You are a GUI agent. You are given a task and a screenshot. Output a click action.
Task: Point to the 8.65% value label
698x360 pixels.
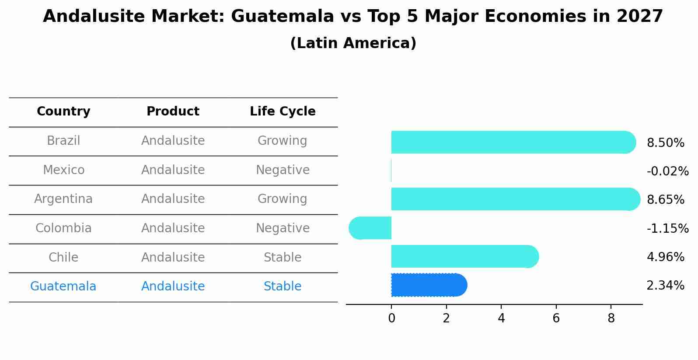coord(665,200)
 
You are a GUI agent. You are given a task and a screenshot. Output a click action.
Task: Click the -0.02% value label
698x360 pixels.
coord(667,171)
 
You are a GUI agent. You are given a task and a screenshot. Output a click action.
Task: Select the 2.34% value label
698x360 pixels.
coord(665,286)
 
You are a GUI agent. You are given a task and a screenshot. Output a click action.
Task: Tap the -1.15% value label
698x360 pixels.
coord(667,228)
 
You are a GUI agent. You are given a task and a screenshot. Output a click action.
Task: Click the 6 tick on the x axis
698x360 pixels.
coord(556,318)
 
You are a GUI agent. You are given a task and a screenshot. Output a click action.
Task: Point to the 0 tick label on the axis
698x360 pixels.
coord(391,318)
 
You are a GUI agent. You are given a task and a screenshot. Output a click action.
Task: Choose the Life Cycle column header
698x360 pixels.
coord(283,112)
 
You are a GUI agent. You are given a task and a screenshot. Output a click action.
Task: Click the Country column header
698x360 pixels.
coord(63,112)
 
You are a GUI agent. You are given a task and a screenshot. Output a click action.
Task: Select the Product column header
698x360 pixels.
coord(173,112)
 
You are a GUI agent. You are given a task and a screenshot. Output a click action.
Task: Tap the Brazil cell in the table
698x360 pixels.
coord(63,141)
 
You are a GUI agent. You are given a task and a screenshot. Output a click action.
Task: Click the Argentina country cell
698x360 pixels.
coord(63,199)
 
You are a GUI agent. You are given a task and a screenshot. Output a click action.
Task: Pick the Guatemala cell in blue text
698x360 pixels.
coord(63,287)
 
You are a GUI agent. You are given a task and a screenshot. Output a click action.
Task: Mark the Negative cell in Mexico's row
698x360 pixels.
coord(283,170)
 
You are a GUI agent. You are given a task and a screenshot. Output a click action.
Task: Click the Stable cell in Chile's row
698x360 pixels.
coord(283,257)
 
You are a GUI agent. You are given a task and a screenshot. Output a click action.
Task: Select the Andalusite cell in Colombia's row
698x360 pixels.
coord(173,228)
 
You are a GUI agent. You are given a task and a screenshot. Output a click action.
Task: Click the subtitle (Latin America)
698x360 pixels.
coord(353,43)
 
